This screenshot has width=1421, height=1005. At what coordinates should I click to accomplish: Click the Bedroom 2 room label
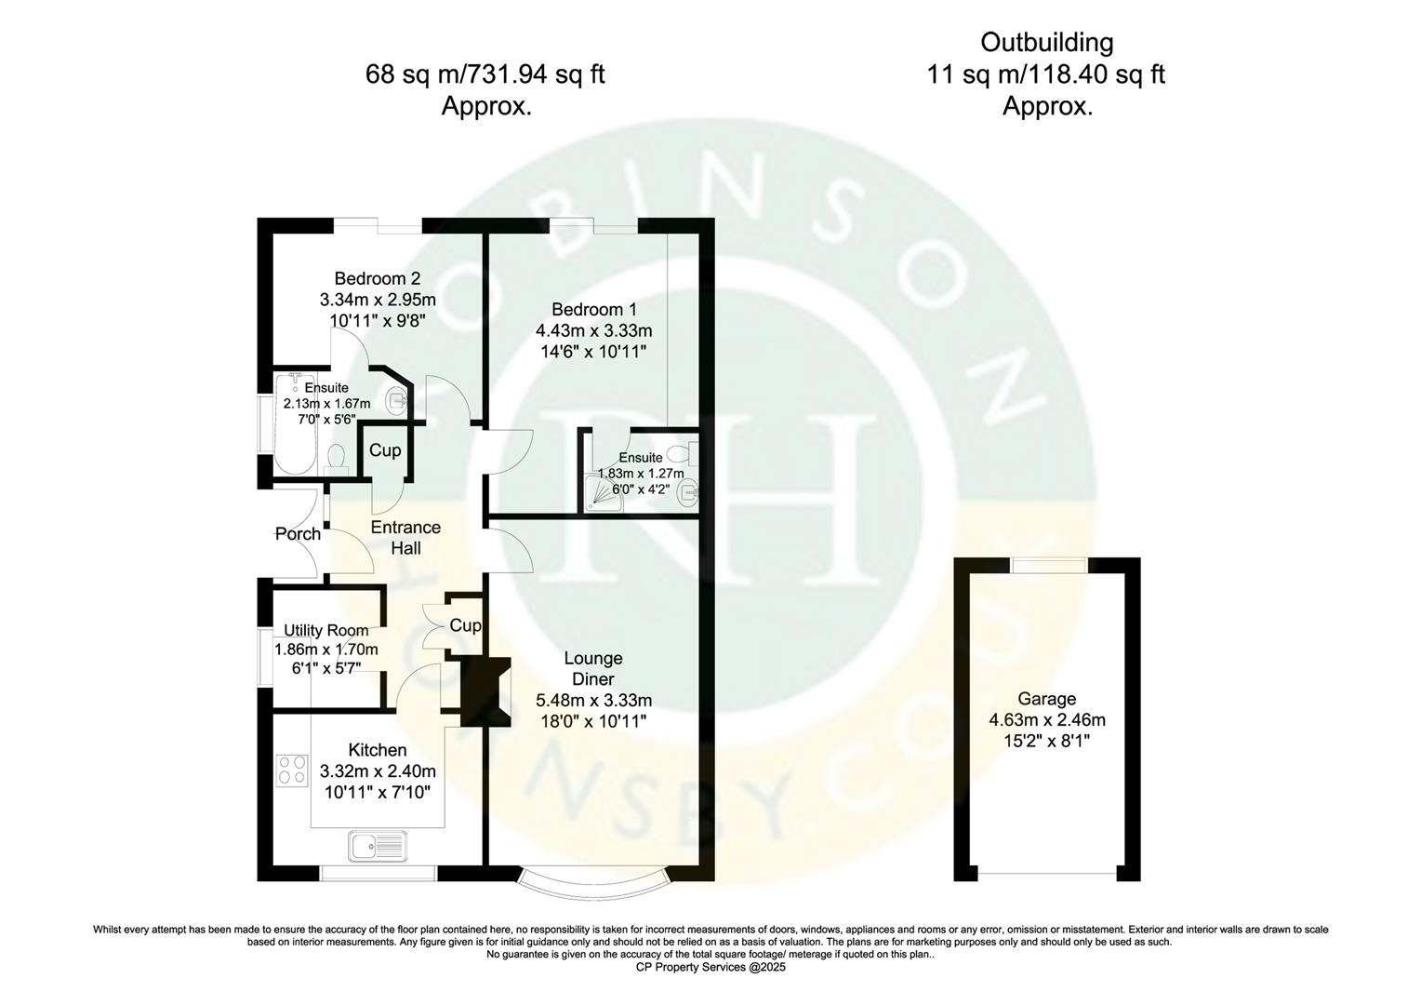coord(377,278)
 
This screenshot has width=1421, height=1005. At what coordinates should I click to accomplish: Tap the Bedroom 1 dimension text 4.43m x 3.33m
coord(593,330)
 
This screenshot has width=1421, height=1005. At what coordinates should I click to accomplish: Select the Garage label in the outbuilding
coord(1046,699)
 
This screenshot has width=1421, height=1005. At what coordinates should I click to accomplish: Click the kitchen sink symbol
coord(377,847)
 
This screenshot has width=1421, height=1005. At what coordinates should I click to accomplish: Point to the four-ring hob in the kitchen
coord(292,770)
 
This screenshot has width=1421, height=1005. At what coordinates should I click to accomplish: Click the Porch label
coord(298,533)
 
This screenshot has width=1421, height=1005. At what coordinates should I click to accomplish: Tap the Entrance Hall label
coord(405,538)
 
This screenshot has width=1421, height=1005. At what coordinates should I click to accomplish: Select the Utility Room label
coord(325,630)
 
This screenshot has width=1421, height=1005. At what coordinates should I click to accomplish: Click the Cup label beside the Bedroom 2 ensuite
coord(385,450)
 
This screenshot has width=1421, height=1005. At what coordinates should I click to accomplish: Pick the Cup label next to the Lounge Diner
coord(465,625)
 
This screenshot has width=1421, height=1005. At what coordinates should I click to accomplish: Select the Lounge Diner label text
coord(593,669)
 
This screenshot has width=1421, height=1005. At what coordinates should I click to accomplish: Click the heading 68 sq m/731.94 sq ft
coord(485,74)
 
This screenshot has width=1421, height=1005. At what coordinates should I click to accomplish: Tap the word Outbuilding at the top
coord(1046,43)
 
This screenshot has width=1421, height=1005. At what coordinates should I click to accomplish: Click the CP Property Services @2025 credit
coord(710,967)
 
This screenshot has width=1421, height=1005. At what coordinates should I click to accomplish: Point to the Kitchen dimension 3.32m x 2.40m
coord(377,771)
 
